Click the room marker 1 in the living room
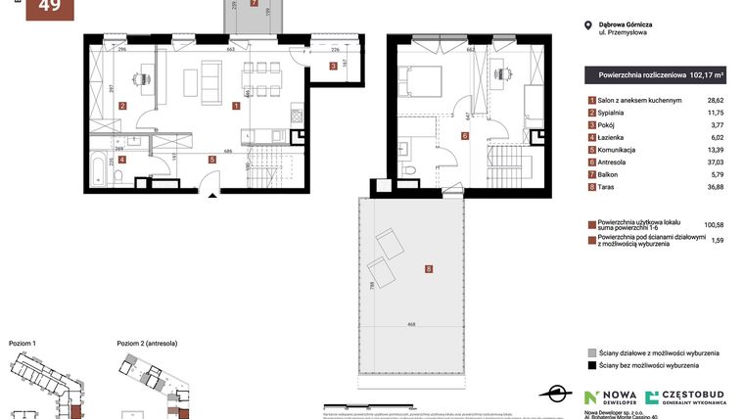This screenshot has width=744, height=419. click(x=236, y=105)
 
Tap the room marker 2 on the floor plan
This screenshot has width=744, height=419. click(x=122, y=105)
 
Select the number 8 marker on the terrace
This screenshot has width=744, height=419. click(x=428, y=268)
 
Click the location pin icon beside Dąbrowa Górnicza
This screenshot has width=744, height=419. click(x=587, y=26)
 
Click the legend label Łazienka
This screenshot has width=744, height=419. click(x=616, y=137)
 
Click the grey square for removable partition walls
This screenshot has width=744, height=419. click(x=591, y=351)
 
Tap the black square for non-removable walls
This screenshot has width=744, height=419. click(x=591, y=365)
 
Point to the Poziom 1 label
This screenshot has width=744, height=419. click(x=23, y=344)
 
